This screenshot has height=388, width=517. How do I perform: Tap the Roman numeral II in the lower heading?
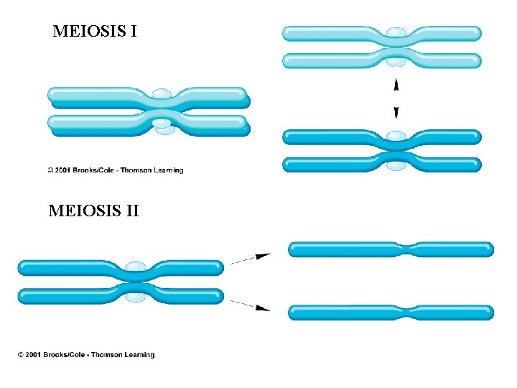(x=131, y=211)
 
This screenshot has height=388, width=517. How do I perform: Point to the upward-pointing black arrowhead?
(x=396, y=85)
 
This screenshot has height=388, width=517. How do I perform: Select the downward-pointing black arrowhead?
(x=396, y=111)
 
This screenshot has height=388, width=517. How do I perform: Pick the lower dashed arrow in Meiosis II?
(x=250, y=304)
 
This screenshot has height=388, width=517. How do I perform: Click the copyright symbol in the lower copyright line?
(x=22, y=354)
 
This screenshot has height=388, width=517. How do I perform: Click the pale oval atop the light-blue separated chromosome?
(x=396, y=32)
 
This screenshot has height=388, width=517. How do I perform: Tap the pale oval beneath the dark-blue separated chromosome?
(x=396, y=166)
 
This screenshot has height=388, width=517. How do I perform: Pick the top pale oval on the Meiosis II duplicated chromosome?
(x=135, y=267)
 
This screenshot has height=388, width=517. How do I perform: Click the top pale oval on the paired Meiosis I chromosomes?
(x=162, y=94)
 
